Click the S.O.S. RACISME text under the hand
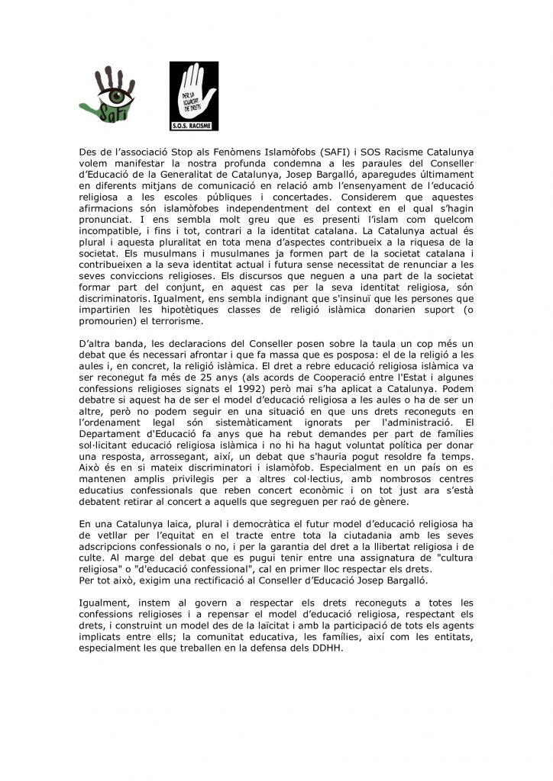pyautogui.click(x=194, y=126)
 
